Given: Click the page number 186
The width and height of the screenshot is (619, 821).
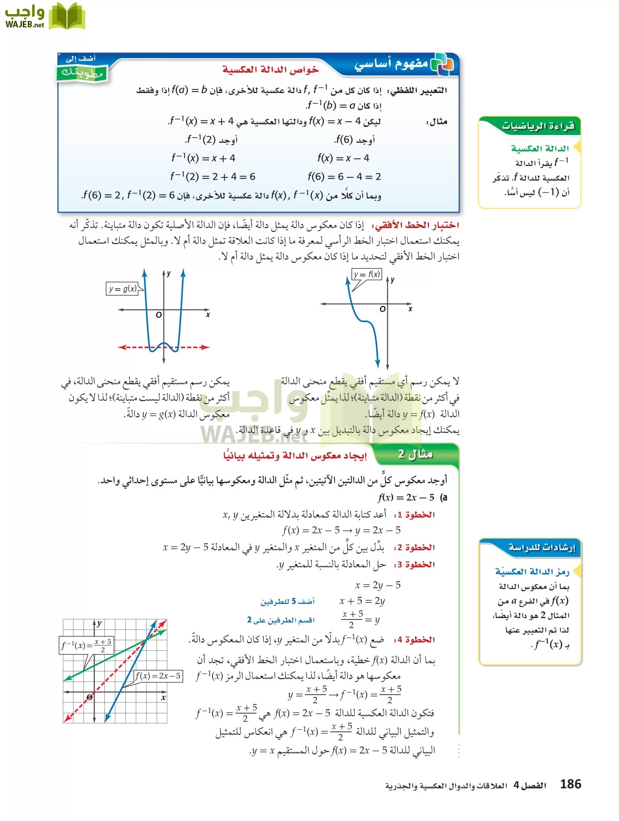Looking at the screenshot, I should pyautogui.click(x=570, y=785).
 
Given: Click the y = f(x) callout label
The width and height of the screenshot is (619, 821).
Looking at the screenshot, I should pyautogui.click(x=367, y=274).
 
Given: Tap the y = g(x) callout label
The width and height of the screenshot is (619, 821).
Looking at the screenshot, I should pyautogui.click(x=122, y=289).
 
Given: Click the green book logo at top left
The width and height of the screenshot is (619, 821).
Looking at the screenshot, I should pyautogui.click(x=67, y=16).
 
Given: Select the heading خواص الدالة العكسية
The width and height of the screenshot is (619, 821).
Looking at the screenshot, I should pyautogui.click(x=270, y=70).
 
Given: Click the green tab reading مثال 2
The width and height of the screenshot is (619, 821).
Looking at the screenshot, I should pyautogui.click(x=415, y=454).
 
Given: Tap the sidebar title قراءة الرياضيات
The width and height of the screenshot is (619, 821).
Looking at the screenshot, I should pyautogui.click(x=538, y=126).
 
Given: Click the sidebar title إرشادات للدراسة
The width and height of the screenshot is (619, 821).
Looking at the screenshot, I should pyautogui.click(x=542, y=547).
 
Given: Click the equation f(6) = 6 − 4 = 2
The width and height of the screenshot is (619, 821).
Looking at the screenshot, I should pyautogui.click(x=344, y=177).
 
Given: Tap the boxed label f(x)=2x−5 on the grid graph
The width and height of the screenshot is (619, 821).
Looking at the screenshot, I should pyautogui.click(x=158, y=676).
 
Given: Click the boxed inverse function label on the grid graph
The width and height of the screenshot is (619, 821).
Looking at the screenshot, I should pyautogui.click(x=87, y=645).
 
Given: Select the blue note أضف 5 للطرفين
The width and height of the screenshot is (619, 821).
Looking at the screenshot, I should pyautogui.click(x=288, y=602).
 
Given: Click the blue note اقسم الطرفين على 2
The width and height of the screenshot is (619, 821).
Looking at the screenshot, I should pyautogui.click(x=281, y=620).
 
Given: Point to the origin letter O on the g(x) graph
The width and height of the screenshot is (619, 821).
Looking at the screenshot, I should pyautogui.click(x=159, y=315).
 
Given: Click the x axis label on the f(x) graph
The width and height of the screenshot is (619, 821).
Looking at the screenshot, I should pyautogui.click(x=410, y=309).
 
